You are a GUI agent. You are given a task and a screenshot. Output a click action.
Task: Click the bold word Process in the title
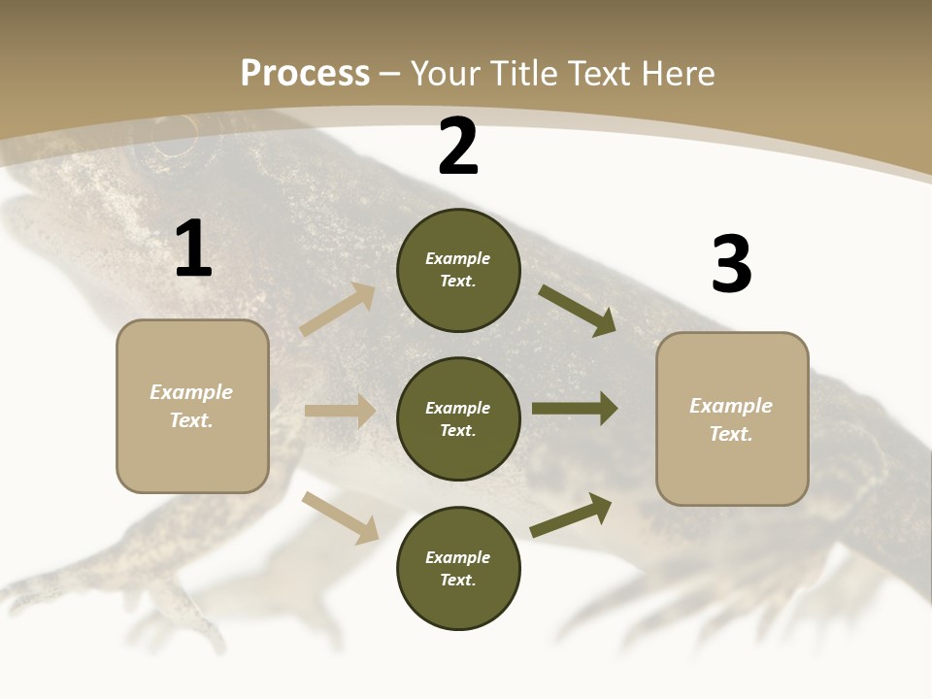305,74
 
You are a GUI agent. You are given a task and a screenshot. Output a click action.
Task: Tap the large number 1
193,250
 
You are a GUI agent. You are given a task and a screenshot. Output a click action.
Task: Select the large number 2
458,148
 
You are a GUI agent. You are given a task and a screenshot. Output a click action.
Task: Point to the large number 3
731,265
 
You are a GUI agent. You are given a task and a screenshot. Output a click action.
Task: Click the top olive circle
458,270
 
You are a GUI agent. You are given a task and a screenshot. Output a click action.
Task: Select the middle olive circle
458,419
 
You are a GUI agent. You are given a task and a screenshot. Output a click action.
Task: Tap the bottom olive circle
458,569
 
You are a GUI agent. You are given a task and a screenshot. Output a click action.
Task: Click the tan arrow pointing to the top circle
338,310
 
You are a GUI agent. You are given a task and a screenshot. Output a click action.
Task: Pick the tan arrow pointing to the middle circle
340,411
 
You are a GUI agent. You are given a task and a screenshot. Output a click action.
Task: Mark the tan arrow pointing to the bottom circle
340,517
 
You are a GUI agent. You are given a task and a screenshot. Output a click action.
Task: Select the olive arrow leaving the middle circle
574,409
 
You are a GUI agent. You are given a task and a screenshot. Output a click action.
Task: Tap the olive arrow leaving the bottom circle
571,516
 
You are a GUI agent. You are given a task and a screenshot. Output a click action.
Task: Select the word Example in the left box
191,392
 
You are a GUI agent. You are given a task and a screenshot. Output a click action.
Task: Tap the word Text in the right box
730,434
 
